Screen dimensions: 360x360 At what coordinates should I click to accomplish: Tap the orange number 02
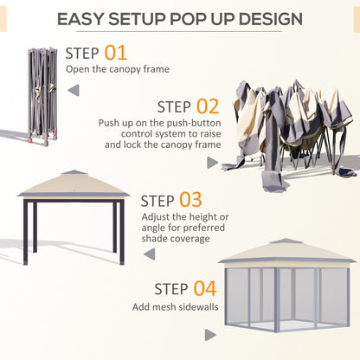click(208, 106)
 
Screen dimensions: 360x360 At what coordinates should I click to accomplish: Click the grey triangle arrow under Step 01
click(73, 88)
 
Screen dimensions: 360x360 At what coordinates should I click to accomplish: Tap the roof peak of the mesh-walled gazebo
click(286, 241)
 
